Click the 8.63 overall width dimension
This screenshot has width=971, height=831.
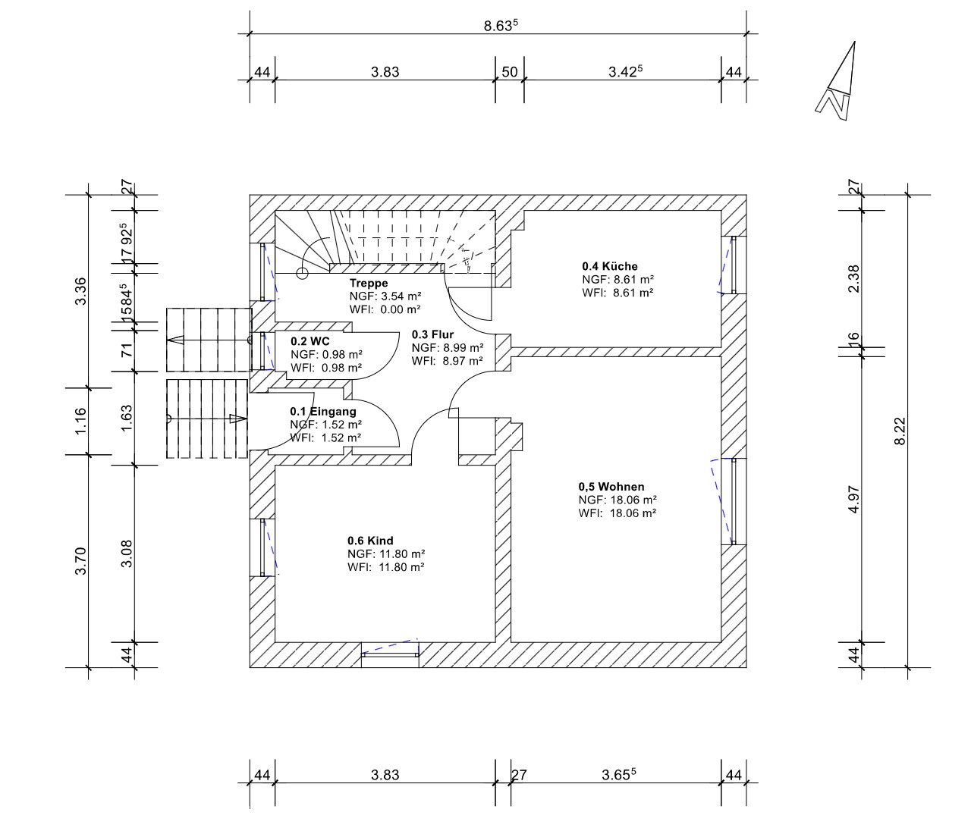(x=501, y=25)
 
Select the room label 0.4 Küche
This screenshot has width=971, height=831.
(x=610, y=266)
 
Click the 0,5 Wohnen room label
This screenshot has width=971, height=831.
(x=611, y=487)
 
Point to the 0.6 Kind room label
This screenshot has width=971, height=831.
(x=370, y=541)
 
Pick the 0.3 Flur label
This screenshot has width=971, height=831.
(x=432, y=334)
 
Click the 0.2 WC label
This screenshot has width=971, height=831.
(x=310, y=341)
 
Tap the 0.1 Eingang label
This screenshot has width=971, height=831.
(x=323, y=411)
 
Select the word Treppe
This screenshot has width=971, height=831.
(x=369, y=283)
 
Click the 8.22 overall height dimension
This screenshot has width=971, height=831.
(x=900, y=431)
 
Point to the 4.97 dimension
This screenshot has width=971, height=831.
(x=853, y=500)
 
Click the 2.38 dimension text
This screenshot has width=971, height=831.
(x=853, y=279)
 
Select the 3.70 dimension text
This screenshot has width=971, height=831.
(x=80, y=560)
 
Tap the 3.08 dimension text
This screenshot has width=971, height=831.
(x=127, y=554)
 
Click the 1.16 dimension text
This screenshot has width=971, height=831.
(x=80, y=421)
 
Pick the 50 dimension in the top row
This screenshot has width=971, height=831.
(x=510, y=72)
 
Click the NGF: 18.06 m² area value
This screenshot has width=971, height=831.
(x=617, y=500)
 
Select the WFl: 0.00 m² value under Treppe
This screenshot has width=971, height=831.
(x=385, y=309)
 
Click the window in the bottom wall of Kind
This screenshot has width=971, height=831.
(x=389, y=654)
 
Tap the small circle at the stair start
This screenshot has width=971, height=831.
(x=302, y=273)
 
